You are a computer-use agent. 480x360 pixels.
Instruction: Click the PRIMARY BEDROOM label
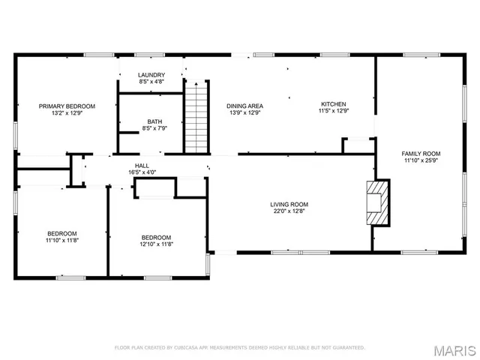[x=67, y=106]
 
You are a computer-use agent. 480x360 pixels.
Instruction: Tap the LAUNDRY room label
[x=151, y=75]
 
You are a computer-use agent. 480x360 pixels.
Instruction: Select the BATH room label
[x=154, y=121]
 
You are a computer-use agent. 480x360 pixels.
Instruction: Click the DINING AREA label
[x=244, y=106]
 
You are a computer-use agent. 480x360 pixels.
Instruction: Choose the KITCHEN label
[x=334, y=104]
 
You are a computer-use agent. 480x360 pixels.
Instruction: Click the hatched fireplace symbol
[x=378, y=202]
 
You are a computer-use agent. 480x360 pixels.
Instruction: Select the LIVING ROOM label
[x=289, y=204]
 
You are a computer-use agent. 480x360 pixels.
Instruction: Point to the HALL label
[x=142, y=166]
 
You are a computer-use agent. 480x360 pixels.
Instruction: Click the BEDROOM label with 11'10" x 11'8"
[x=61, y=233]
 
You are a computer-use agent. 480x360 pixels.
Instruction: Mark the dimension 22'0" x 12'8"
[x=289, y=211]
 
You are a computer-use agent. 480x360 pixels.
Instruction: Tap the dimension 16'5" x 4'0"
[x=142, y=172]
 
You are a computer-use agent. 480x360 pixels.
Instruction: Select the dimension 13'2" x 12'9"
[x=67, y=113]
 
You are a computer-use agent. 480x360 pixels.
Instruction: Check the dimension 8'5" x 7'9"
[x=154, y=128]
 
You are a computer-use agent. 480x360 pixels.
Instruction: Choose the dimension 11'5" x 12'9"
[x=334, y=111]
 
